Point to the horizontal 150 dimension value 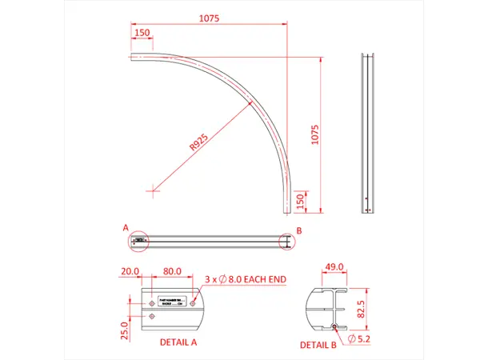point(142,33)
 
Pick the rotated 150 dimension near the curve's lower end point(299,199)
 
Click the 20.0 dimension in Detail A point(131,271)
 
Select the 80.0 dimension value point(172,271)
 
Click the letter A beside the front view point(126,228)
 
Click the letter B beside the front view point(298,230)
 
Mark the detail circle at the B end point(285,241)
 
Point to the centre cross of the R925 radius point(153,190)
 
